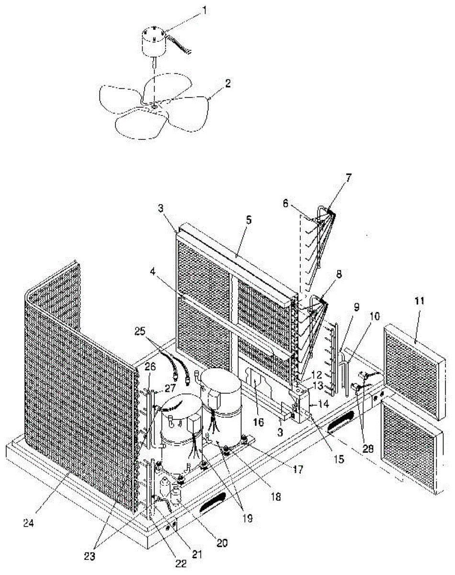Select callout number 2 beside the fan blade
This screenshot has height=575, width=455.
point(228,82)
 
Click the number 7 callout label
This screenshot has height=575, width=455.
point(348,178)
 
